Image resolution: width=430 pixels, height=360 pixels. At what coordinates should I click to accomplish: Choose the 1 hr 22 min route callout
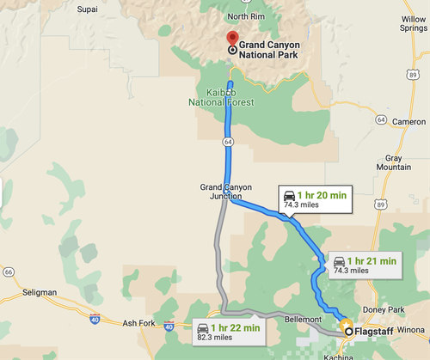(x=227, y=332)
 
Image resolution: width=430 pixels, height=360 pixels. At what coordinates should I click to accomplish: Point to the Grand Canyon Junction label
(x=224, y=192)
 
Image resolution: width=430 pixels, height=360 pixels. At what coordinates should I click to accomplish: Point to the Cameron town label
(x=408, y=122)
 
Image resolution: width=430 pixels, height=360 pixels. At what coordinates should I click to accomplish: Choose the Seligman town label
(x=36, y=292)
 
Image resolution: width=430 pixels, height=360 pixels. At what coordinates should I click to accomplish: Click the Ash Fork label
(x=141, y=324)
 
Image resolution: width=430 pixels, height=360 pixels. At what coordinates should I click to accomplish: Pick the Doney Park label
(x=386, y=309)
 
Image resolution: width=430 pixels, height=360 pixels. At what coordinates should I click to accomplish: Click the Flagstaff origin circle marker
(x=347, y=330)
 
